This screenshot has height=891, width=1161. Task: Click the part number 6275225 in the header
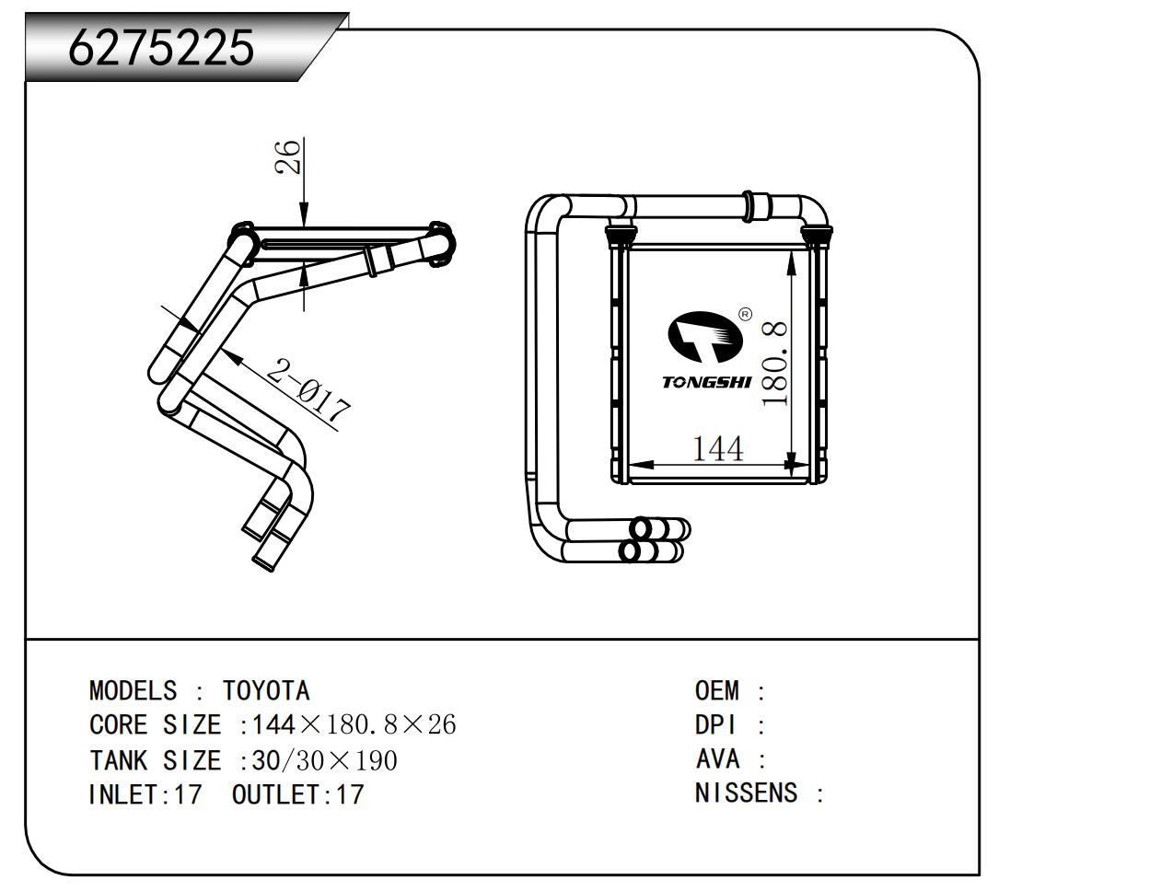click(x=161, y=47)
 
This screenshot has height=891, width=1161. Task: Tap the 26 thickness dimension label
click(x=289, y=156)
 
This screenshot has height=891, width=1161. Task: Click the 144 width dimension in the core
click(x=716, y=449)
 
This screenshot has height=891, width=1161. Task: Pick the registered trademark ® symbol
click(x=746, y=314)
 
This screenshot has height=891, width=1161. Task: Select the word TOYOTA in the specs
click(x=266, y=690)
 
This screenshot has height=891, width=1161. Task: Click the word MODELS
click(x=133, y=690)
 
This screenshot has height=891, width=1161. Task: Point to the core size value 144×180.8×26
click(x=354, y=725)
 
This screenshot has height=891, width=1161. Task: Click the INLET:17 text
click(x=145, y=794)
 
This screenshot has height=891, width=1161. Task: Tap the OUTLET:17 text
click(x=298, y=794)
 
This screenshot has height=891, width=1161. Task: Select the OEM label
click(x=716, y=690)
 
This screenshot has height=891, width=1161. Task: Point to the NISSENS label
click(x=746, y=793)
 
